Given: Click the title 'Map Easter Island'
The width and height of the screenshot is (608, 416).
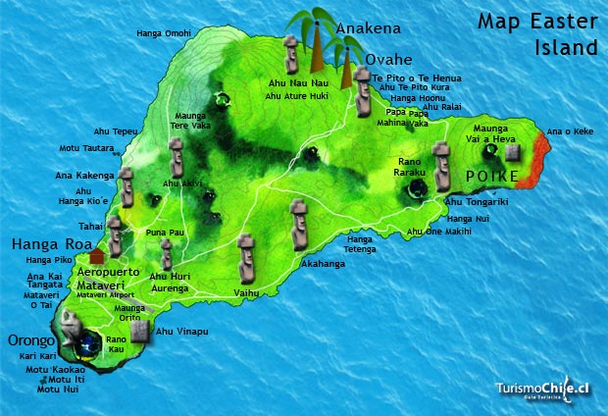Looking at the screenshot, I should (536, 33).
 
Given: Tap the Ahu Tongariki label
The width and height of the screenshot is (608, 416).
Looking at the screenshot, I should (477, 202).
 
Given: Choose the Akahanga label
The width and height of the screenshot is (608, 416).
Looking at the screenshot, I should (325, 264).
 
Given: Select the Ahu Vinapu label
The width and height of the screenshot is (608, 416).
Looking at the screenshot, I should (182, 332).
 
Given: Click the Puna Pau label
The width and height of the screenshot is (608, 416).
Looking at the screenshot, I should (164, 232).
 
